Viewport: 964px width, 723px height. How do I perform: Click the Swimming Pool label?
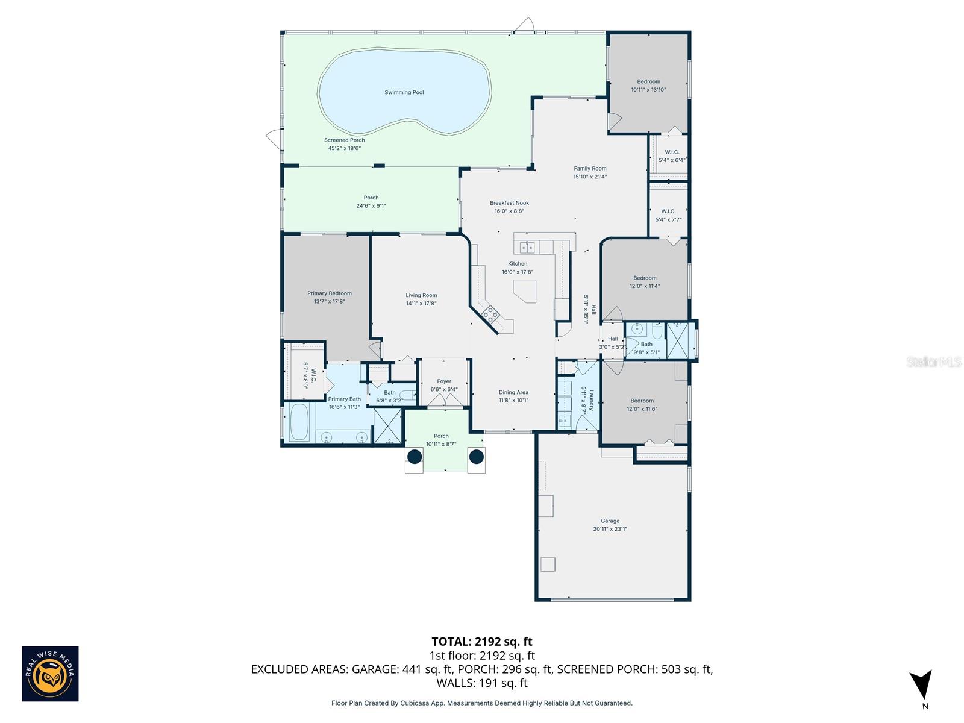[404, 92]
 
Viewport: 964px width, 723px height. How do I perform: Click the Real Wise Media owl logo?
[50, 674]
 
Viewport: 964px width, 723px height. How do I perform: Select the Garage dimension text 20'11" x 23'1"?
[610, 529]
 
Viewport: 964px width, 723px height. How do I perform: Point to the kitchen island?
[525, 291]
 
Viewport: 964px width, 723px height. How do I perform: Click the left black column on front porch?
[415, 457]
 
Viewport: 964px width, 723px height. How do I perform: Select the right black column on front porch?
[477, 457]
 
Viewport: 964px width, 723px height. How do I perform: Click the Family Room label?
[590, 169]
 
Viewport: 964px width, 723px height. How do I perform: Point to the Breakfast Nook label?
[509, 203]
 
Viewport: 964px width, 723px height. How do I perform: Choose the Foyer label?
[444, 381]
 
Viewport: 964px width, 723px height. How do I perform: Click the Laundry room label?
[591, 400]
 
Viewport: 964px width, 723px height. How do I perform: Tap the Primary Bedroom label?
[329, 293]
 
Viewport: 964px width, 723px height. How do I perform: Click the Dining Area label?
[513, 392]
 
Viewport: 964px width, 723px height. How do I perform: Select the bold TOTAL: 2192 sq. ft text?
[481, 642]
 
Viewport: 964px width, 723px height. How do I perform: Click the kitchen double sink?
[527, 247]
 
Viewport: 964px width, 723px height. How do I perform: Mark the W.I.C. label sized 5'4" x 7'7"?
[668, 211]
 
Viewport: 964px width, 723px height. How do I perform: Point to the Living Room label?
[421, 295]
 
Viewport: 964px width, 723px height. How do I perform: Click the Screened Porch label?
[344, 140]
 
